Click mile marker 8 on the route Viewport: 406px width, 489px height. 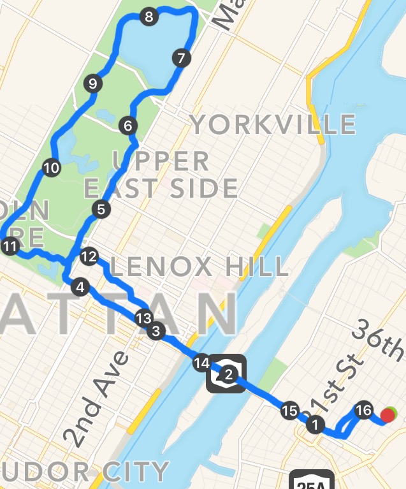coord(149,17)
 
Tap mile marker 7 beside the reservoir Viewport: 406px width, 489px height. coord(181,59)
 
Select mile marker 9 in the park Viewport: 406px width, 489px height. coord(92,84)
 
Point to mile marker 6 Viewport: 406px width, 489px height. coord(128,125)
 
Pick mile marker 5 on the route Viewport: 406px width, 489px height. coord(101,208)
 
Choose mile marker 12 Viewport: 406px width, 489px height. coord(89,257)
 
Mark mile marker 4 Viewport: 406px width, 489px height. coord(80,288)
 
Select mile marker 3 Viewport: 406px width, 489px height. coord(155,330)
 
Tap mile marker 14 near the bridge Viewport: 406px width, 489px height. coord(201,363)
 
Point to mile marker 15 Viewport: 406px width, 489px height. coord(289,411)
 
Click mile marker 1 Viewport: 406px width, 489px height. coord(314,423)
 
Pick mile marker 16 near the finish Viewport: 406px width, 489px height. coord(363,410)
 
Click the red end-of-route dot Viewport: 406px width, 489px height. coord(387,416)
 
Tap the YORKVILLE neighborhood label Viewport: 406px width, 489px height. coord(273,124)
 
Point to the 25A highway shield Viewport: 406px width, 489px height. coord(311,482)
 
